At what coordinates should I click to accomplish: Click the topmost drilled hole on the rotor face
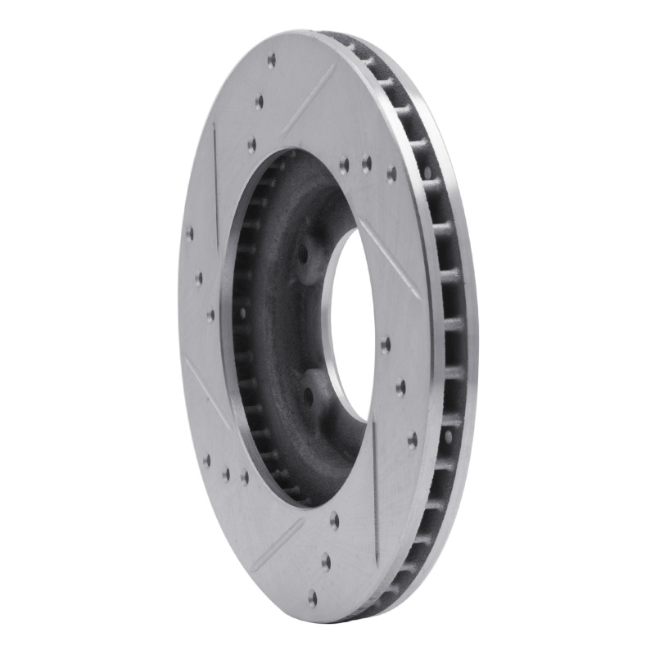(x=271, y=60)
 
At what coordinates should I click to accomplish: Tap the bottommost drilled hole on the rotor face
(x=312, y=598)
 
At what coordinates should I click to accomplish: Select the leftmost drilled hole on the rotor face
(x=190, y=233)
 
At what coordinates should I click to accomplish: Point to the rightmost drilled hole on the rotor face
(x=412, y=440)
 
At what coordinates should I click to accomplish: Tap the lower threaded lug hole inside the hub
(x=308, y=395)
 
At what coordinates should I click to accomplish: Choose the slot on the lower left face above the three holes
(x=208, y=393)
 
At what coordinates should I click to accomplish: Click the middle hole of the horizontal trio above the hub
(x=366, y=164)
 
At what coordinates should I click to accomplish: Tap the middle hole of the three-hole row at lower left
(x=226, y=472)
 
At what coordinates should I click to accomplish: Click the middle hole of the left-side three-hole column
(x=199, y=278)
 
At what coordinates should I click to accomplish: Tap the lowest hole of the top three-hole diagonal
(x=251, y=144)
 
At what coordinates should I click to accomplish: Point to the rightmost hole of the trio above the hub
(x=391, y=173)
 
